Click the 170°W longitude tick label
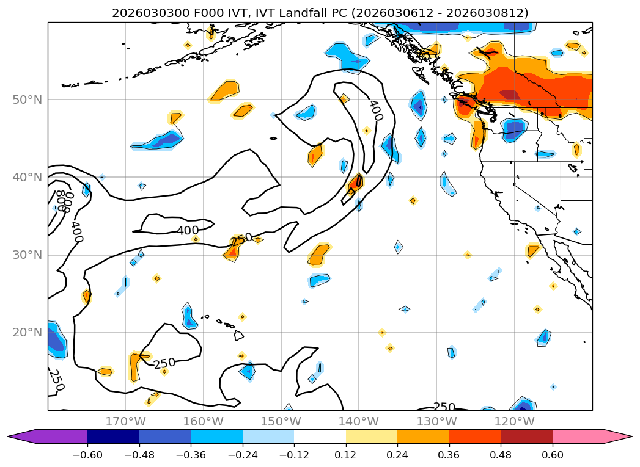point(125,421)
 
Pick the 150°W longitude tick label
point(281,421)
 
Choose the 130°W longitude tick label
point(436,421)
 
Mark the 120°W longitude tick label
point(514,421)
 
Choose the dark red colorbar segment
point(526,436)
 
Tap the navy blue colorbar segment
point(113,436)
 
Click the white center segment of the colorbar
point(320,436)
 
